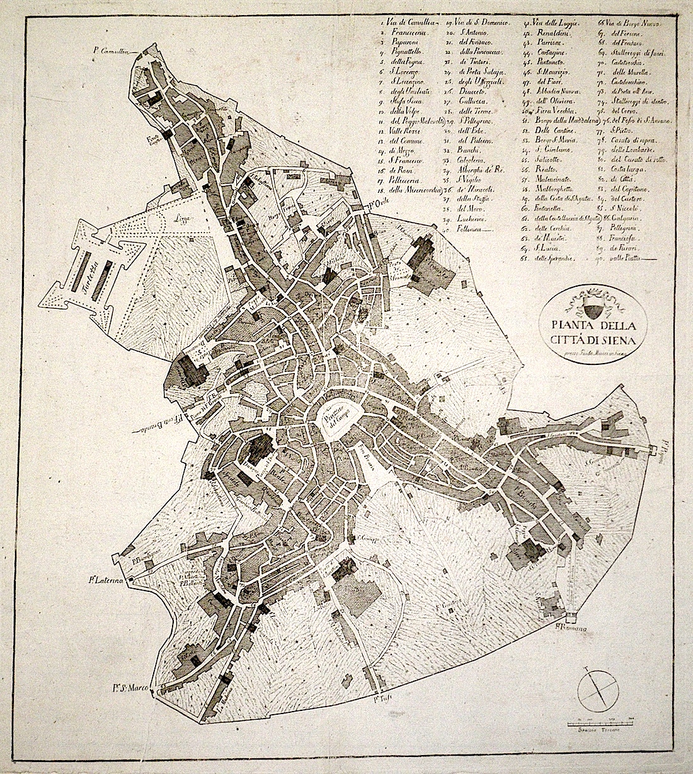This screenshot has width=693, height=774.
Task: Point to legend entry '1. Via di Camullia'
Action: pyautogui.click(x=404, y=24)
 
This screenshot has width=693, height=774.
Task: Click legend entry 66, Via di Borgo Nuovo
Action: pyautogui.click(x=627, y=24)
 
